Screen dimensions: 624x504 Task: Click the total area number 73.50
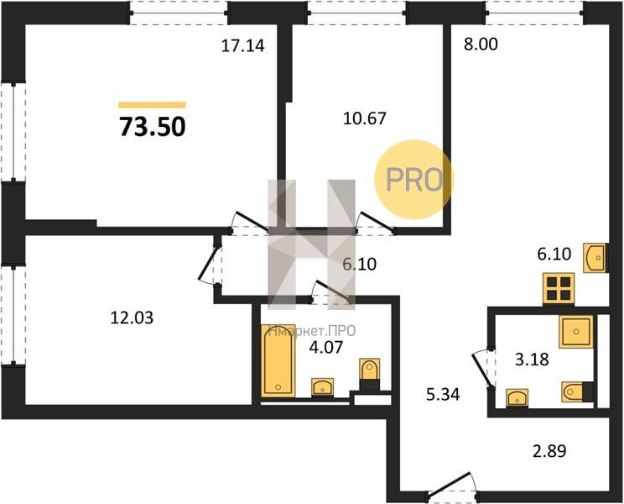[x=153, y=127]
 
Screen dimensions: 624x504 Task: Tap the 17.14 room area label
[x=242, y=46]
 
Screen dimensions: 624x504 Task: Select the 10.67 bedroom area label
[x=365, y=118]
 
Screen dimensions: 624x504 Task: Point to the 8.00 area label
[x=481, y=45]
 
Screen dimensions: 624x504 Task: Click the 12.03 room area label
[x=132, y=318]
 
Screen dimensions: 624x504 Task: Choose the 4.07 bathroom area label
[x=326, y=347]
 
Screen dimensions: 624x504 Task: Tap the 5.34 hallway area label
[x=443, y=395]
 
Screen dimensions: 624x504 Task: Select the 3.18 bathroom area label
[x=532, y=360]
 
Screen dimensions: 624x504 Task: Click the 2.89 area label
[x=549, y=451]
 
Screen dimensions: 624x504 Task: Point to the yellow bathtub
[x=278, y=360]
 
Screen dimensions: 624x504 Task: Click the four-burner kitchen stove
[x=559, y=289]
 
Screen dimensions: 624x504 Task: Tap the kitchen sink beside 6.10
[x=595, y=258]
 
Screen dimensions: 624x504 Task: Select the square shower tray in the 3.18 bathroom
[x=576, y=332]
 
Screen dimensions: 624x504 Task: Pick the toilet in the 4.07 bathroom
[x=369, y=374]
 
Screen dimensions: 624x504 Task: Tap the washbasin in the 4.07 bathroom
[x=322, y=386]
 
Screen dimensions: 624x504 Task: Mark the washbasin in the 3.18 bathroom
[x=517, y=397]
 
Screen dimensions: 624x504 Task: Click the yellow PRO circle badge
[x=413, y=179]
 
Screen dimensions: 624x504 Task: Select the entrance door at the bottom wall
[x=452, y=487]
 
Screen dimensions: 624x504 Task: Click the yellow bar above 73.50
[x=153, y=105]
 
